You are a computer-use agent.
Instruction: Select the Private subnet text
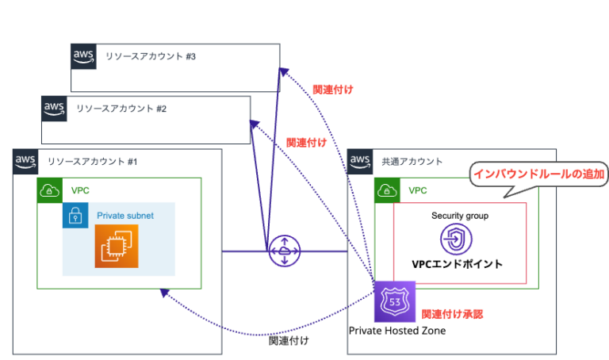(124, 216)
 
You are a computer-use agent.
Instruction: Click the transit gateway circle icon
(283, 251)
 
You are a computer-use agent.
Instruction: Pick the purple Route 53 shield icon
(394, 302)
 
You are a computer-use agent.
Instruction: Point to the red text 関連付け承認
(451, 314)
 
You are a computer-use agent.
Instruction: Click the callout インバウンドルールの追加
(538, 173)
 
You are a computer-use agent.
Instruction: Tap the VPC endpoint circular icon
(455, 239)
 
